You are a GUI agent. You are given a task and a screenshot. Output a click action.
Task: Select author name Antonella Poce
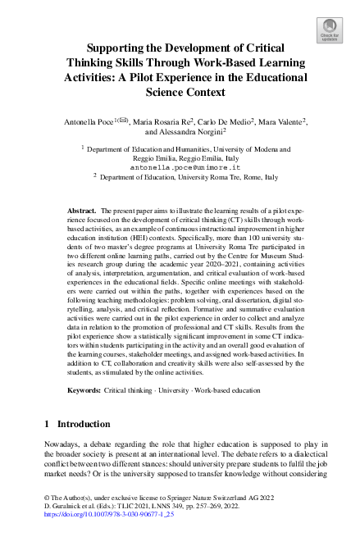point(89,121)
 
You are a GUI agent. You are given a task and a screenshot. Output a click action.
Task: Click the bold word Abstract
point(82,211)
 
